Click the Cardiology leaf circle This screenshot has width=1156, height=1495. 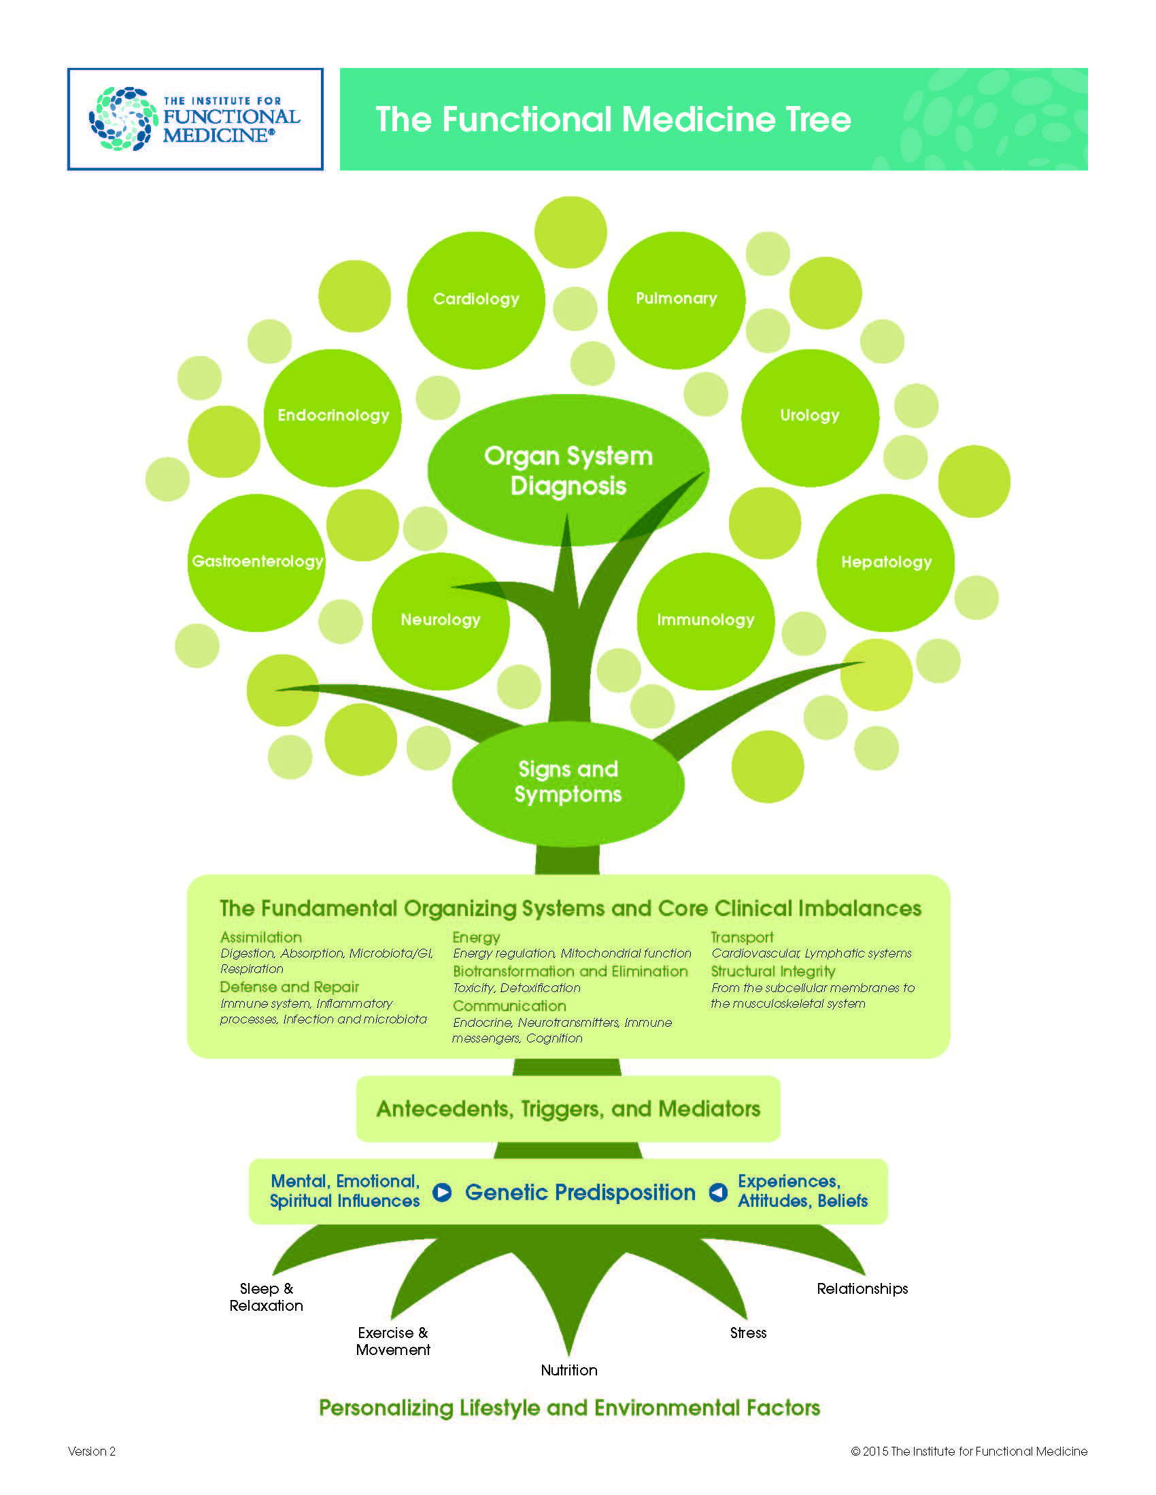pyautogui.click(x=476, y=300)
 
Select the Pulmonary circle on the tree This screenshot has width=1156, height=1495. pyautogui.click(x=676, y=300)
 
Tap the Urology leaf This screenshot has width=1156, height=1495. pyautogui.click(x=809, y=417)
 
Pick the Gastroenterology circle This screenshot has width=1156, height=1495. pyautogui.click(x=256, y=562)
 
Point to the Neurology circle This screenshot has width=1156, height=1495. pyautogui.click(x=441, y=620)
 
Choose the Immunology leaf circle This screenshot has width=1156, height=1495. pyautogui.click(x=705, y=620)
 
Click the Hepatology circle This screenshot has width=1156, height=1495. pyautogui.click(x=885, y=562)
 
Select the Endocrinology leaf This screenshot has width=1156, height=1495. pyautogui.click(x=333, y=417)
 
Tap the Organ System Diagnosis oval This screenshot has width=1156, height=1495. pyautogui.click(x=568, y=470)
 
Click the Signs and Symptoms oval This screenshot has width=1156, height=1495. pyautogui.click(x=568, y=781)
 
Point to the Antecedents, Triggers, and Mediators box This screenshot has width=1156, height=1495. pyautogui.click(x=568, y=1109)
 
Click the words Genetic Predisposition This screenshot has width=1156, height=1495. pyautogui.click(x=580, y=1193)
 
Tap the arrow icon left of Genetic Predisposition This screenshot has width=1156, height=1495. pyautogui.click(x=443, y=1193)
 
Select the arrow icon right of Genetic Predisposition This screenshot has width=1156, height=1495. pyautogui.click(x=717, y=1193)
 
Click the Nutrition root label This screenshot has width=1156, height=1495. pyautogui.click(x=569, y=1370)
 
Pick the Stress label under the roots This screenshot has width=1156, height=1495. pyautogui.click(x=748, y=1333)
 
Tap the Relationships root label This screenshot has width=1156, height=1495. pyautogui.click(x=862, y=1288)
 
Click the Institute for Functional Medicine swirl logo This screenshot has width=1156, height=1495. pyautogui.click(x=123, y=119)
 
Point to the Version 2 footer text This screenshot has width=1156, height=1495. pyautogui.click(x=92, y=1452)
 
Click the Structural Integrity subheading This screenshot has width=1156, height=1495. pyautogui.click(x=772, y=971)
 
